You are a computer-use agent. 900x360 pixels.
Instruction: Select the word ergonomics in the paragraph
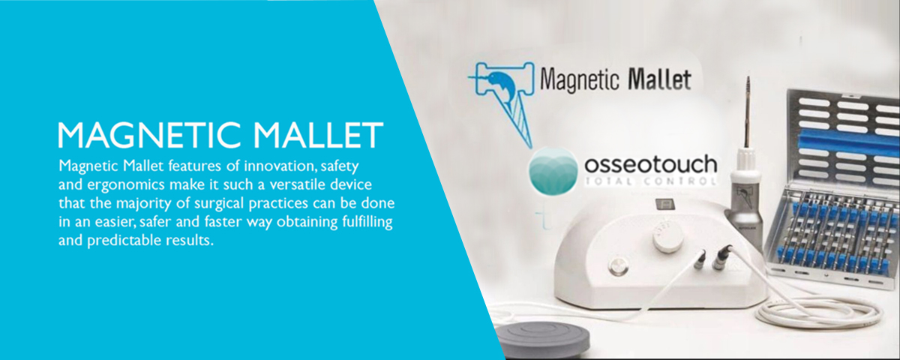[x=126, y=184]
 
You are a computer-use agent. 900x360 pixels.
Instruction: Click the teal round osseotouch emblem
[x=553, y=171]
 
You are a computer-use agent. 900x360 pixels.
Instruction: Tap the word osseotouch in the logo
[x=650, y=165]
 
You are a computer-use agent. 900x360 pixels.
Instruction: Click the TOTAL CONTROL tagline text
[x=650, y=181]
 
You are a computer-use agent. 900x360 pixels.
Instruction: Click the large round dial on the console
[x=667, y=236]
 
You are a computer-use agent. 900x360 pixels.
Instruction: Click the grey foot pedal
[x=542, y=341]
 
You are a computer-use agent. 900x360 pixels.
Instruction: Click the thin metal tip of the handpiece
[x=748, y=112]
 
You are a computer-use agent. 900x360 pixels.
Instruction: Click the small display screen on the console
[x=663, y=204]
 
